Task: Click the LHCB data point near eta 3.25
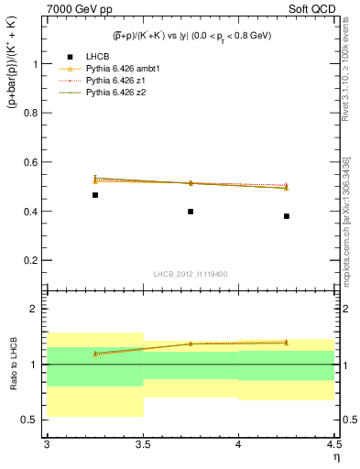pos(95,195)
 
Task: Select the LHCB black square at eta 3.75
pos(191,212)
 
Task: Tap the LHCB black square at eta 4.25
pos(287,216)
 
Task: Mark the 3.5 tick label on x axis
pos(143,445)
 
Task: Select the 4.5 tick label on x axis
pos(333,445)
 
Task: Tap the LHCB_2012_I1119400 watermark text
pos(191,274)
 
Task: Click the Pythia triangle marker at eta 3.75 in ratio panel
pos(191,344)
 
